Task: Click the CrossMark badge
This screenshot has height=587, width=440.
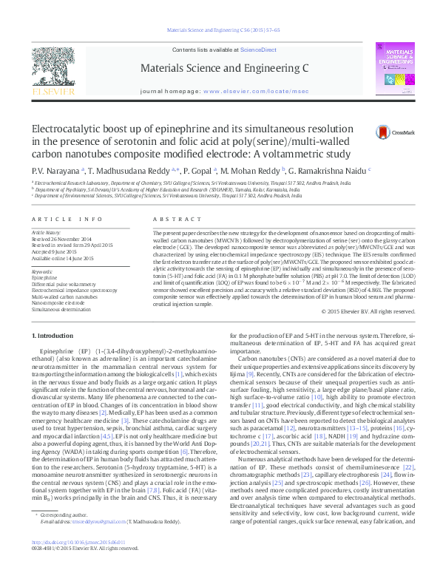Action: [388, 132]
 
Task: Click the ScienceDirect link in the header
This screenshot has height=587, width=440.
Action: [258, 50]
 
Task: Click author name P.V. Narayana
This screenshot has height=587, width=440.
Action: [51, 170]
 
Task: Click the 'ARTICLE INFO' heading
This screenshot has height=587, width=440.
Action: [67, 220]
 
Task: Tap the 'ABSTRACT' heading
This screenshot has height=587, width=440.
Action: [172, 220]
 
